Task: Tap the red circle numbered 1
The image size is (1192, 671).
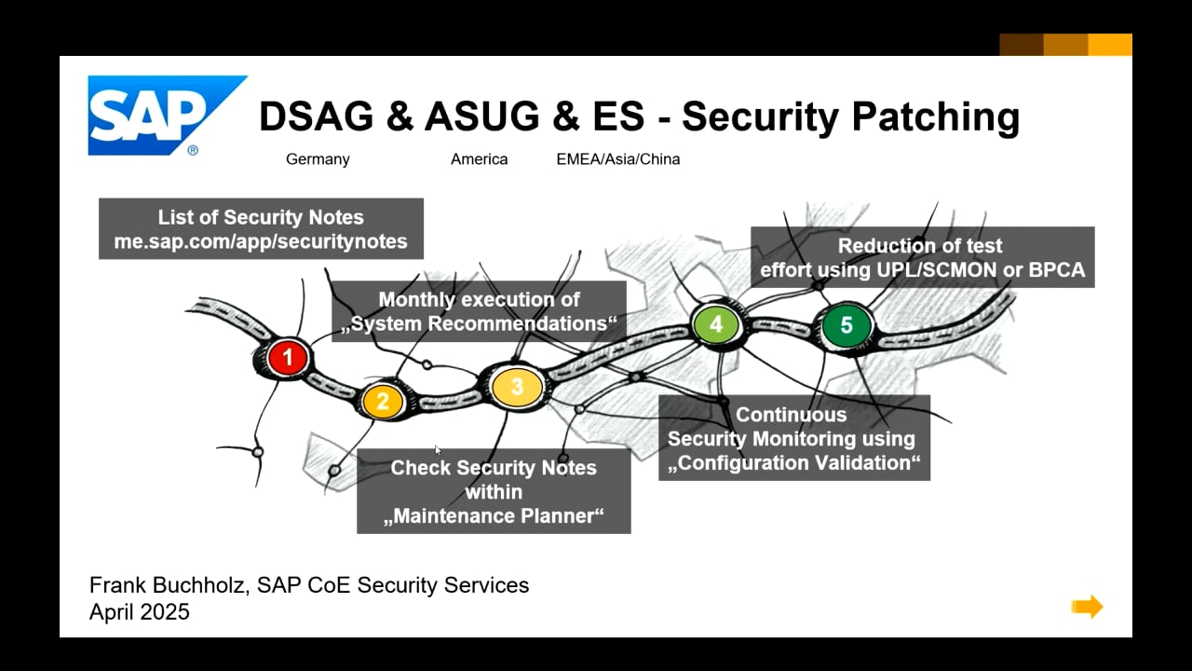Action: pyautogui.click(x=288, y=357)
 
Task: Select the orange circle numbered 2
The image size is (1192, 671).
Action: pyautogui.click(x=382, y=401)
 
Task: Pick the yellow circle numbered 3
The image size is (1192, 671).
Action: pyautogui.click(x=517, y=387)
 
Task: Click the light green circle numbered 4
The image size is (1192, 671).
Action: pyautogui.click(x=716, y=323)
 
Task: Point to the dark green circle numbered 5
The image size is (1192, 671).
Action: pyautogui.click(x=847, y=325)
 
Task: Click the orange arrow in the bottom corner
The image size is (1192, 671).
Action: pyautogui.click(x=1087, y=607)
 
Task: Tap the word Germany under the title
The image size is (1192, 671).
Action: pyautogui.click(x=318, y=159)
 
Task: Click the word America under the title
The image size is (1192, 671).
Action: pyautogui.click(x=479, y=159)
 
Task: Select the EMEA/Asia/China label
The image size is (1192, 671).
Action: pyautogui.click(x=617, y=159)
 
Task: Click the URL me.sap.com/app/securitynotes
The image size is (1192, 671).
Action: pyautogui.click(x=261, y=241)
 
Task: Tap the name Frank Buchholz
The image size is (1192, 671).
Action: pyautogui.click(x=169, y=585)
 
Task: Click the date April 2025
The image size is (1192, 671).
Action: pyautogui.click(x=140, y=612)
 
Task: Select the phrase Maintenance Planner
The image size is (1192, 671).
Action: pyautogui.click(x=494, y=515)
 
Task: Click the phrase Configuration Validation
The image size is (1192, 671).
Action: pyautogui.click(x=793, y=462)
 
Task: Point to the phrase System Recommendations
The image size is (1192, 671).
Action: pyautogui.click(x=479, y=323)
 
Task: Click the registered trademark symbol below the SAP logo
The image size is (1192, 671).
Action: pyautogui.click(x=193, y=150)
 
